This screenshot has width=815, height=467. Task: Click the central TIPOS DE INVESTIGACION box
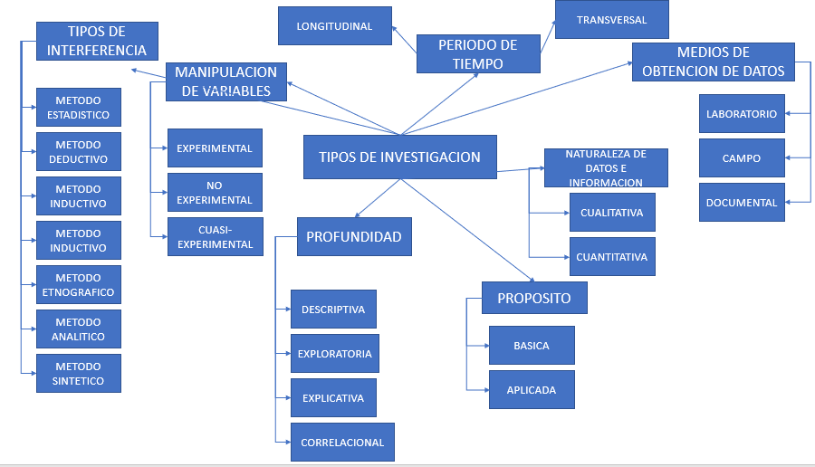tap(400, 157)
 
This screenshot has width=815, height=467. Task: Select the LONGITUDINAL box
tap(334, 26)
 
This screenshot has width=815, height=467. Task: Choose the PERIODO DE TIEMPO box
tap(477, 53)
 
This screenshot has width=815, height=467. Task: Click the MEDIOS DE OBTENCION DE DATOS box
tap(713, 62)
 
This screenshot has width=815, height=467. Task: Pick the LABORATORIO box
tap(742, 114)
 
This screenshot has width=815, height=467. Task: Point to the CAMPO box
tap(742, 158)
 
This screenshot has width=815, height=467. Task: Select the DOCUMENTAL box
tap(742, 203)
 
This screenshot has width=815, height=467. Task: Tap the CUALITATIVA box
tap(611, 213)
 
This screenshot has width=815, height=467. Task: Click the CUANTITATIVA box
tap(611, 257)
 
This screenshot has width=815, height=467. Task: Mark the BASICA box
tap(532, 346)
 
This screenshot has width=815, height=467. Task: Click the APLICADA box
tap(532, 390)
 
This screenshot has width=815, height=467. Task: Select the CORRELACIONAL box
tap(342, 443)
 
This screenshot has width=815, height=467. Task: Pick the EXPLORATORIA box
tap(334, 354)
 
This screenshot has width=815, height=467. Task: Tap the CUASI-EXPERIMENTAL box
tap(216, 237)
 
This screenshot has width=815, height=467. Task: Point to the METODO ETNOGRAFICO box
tap(79, 284)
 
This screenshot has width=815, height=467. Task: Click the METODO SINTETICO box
tap(79, 373)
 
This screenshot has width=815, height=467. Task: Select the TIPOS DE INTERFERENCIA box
tap(97, 41)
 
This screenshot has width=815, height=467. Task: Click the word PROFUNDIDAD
tap(353, 237)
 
